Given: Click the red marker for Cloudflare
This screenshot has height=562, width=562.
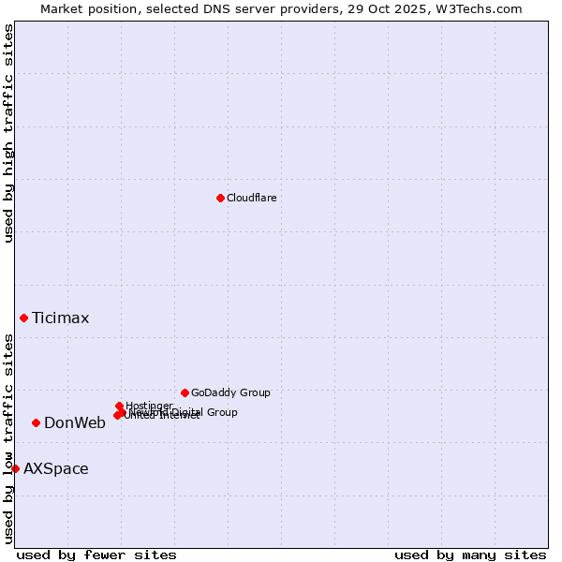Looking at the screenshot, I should [220, 198].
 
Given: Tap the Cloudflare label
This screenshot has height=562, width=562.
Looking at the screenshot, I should [251, 198].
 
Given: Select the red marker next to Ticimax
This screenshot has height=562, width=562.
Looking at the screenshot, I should [23, 318].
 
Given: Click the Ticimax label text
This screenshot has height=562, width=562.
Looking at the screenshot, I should [61, 318].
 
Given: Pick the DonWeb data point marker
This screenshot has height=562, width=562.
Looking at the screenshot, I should [36, 422].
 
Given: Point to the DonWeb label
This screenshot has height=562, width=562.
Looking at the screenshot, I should [75, 423].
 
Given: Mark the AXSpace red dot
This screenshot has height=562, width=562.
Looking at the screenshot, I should [15, 468].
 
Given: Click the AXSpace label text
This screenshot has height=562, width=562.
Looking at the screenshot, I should [56, 469].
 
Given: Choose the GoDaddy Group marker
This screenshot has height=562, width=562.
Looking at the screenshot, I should [185, 392].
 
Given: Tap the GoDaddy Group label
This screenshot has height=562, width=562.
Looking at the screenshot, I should [230, 393].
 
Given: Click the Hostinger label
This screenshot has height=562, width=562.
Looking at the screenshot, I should [150, 406].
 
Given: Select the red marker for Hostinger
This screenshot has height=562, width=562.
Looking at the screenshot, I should [119, 406].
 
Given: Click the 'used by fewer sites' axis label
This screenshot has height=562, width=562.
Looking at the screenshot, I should [96, 555].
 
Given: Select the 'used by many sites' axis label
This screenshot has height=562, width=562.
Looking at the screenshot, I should [470, 555].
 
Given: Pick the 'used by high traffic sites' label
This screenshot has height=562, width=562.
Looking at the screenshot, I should [8, 133].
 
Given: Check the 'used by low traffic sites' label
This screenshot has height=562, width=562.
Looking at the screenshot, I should [8, 438].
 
